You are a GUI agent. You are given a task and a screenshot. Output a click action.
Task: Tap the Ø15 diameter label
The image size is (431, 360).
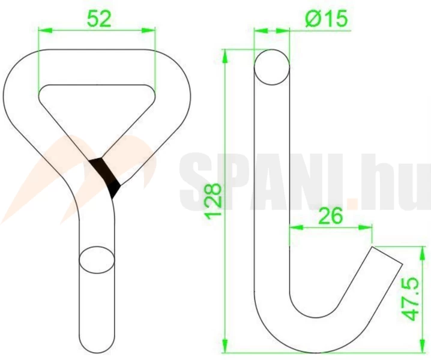coord(327,19)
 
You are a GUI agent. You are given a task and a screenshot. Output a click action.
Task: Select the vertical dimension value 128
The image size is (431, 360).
coord(214,202)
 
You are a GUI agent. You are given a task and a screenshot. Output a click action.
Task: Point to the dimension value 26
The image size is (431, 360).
coord(330,215)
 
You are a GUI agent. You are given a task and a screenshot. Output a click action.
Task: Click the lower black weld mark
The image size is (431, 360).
coord(114,189)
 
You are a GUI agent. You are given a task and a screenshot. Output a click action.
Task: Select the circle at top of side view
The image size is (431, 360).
coord(272,67)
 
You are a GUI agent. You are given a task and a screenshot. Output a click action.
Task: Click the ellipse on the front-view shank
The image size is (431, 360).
coord(97,260)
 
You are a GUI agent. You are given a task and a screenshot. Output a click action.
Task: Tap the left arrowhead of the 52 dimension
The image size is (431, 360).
coord(45,30)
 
